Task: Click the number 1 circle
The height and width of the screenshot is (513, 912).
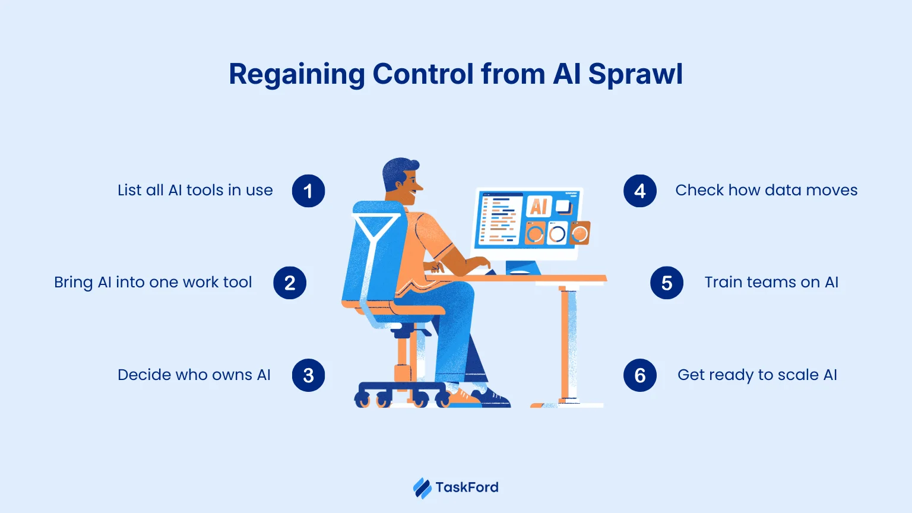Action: coord(308,191)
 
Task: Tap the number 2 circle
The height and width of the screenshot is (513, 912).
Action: coord(290,283)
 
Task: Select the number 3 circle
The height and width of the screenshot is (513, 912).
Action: coord(308,375)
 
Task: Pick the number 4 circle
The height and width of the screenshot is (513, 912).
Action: coord(640,191)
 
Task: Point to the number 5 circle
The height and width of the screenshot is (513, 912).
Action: coord(667,283)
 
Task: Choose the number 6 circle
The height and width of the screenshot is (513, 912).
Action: coord(640,375)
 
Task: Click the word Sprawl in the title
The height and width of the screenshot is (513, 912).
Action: coord(635,75)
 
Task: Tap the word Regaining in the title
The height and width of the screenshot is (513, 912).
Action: coord(297,75)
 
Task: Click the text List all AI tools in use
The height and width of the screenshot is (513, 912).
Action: coord(195,191)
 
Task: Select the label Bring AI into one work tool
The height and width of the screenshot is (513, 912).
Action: coord(153,282)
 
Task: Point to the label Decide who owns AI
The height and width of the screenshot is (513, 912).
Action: coord(194,375)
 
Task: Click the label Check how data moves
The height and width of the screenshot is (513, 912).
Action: coord(766,191)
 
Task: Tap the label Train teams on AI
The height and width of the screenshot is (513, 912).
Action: coord(771,282)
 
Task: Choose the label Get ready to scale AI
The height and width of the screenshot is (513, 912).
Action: coord(757,375)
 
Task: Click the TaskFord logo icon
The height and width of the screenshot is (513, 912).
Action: coord(422,488)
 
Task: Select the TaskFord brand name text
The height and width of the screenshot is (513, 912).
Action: coord(467,487)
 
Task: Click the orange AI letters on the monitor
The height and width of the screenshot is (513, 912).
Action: coord(539,206)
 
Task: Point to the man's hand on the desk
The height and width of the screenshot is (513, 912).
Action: coord(481,263)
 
